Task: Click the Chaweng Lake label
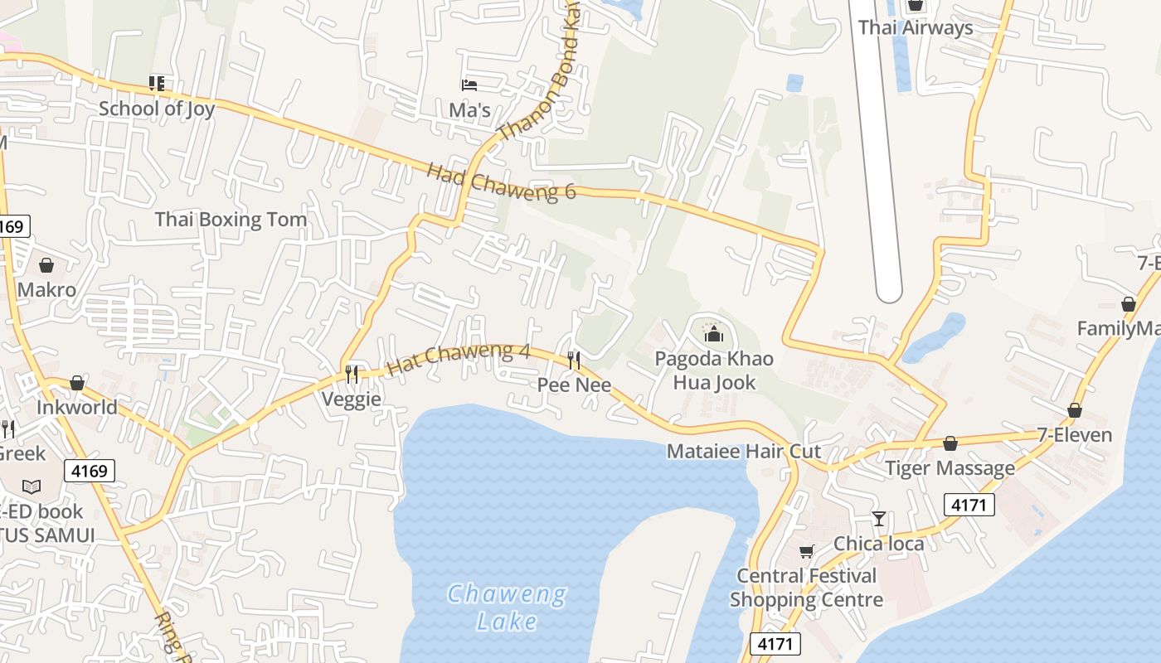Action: (507, 607)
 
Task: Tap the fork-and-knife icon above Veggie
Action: (352, 374)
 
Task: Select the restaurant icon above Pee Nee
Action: (573, 360)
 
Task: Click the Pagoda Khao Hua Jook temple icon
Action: (713, 334)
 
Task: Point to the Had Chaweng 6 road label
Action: (501, 181)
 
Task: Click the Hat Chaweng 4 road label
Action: (458, 361)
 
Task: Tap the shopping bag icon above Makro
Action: (46, 265)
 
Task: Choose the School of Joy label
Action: (157, 109)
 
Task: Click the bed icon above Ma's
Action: (469, 85)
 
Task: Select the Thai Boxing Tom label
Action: (231, 220)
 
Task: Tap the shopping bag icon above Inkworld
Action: (77, 383)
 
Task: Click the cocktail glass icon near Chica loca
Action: (879, 519)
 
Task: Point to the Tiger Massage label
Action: (950, 468)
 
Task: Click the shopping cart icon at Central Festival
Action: (806, 551)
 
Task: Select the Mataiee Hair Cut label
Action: (744, 452)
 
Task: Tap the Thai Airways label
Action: (916, 27)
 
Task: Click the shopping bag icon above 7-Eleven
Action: (1075, 410)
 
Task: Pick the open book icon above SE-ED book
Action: (32, 486)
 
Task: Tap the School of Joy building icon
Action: (157, 83)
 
